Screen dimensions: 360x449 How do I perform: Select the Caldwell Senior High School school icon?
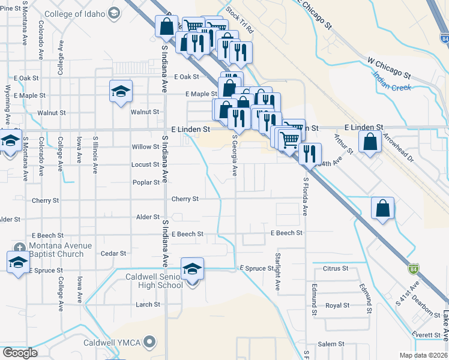pyautogui.click(x=192, y=269)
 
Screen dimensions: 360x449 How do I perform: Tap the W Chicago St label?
pyautogui.click(x=389, y=68)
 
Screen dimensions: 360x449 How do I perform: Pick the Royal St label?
pyautogui.click(x=337, y=305)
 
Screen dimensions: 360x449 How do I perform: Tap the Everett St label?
pyautogui.click(x=414, y=334)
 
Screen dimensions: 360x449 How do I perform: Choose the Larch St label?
pyautogui.click(x=148, y=304)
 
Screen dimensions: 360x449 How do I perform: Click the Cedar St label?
pyautogui.click(x=113, y=254)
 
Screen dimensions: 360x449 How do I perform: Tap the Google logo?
pyautogui.click(x=20, y=353)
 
